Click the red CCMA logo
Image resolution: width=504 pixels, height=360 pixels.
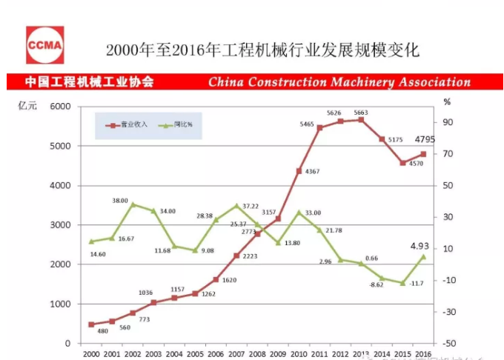(44, 45)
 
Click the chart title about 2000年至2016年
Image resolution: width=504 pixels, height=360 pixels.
(262, 50)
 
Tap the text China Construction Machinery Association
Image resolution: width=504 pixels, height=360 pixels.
(339, 82)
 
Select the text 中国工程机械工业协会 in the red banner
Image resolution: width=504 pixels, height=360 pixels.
(89, 82)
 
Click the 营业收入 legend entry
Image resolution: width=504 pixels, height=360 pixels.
(127, 124)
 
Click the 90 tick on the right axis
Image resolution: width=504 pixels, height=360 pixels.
(448, 122)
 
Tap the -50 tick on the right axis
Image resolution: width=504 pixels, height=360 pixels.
(448, 344)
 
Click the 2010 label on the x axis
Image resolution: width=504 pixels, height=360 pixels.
(299, 354)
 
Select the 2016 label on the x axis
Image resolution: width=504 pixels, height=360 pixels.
(423, 354)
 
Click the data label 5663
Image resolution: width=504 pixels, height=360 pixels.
(362, 112)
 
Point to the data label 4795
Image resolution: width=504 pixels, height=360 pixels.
(425, 139)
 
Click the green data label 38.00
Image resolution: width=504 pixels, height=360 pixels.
(120, 201)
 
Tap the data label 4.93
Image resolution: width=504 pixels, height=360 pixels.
(421, 245)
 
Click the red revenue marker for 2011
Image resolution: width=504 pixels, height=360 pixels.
(319, 127)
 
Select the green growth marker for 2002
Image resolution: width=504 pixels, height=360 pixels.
(133, 204)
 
